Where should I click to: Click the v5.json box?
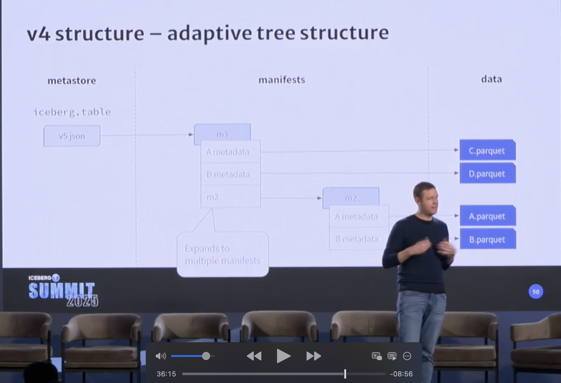(72, 136)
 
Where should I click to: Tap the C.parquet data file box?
(487, 150)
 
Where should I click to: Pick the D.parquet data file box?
(487, 173)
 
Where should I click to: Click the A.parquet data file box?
(487, 216)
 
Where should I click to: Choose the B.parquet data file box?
(487, 239)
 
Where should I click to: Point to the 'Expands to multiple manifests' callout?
(223, 254)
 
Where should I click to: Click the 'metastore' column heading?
(72, 81)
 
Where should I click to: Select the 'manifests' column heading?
(282, 80)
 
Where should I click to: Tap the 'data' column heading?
(491, 79)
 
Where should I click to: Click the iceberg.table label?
(72, 112)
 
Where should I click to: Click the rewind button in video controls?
(254, 356)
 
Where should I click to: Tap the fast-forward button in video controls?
(313, 356)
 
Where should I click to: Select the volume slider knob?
(206, 356)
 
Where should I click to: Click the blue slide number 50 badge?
(536, 292)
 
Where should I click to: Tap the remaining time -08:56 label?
(401, 374)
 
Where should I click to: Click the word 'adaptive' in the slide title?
(210, 33)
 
